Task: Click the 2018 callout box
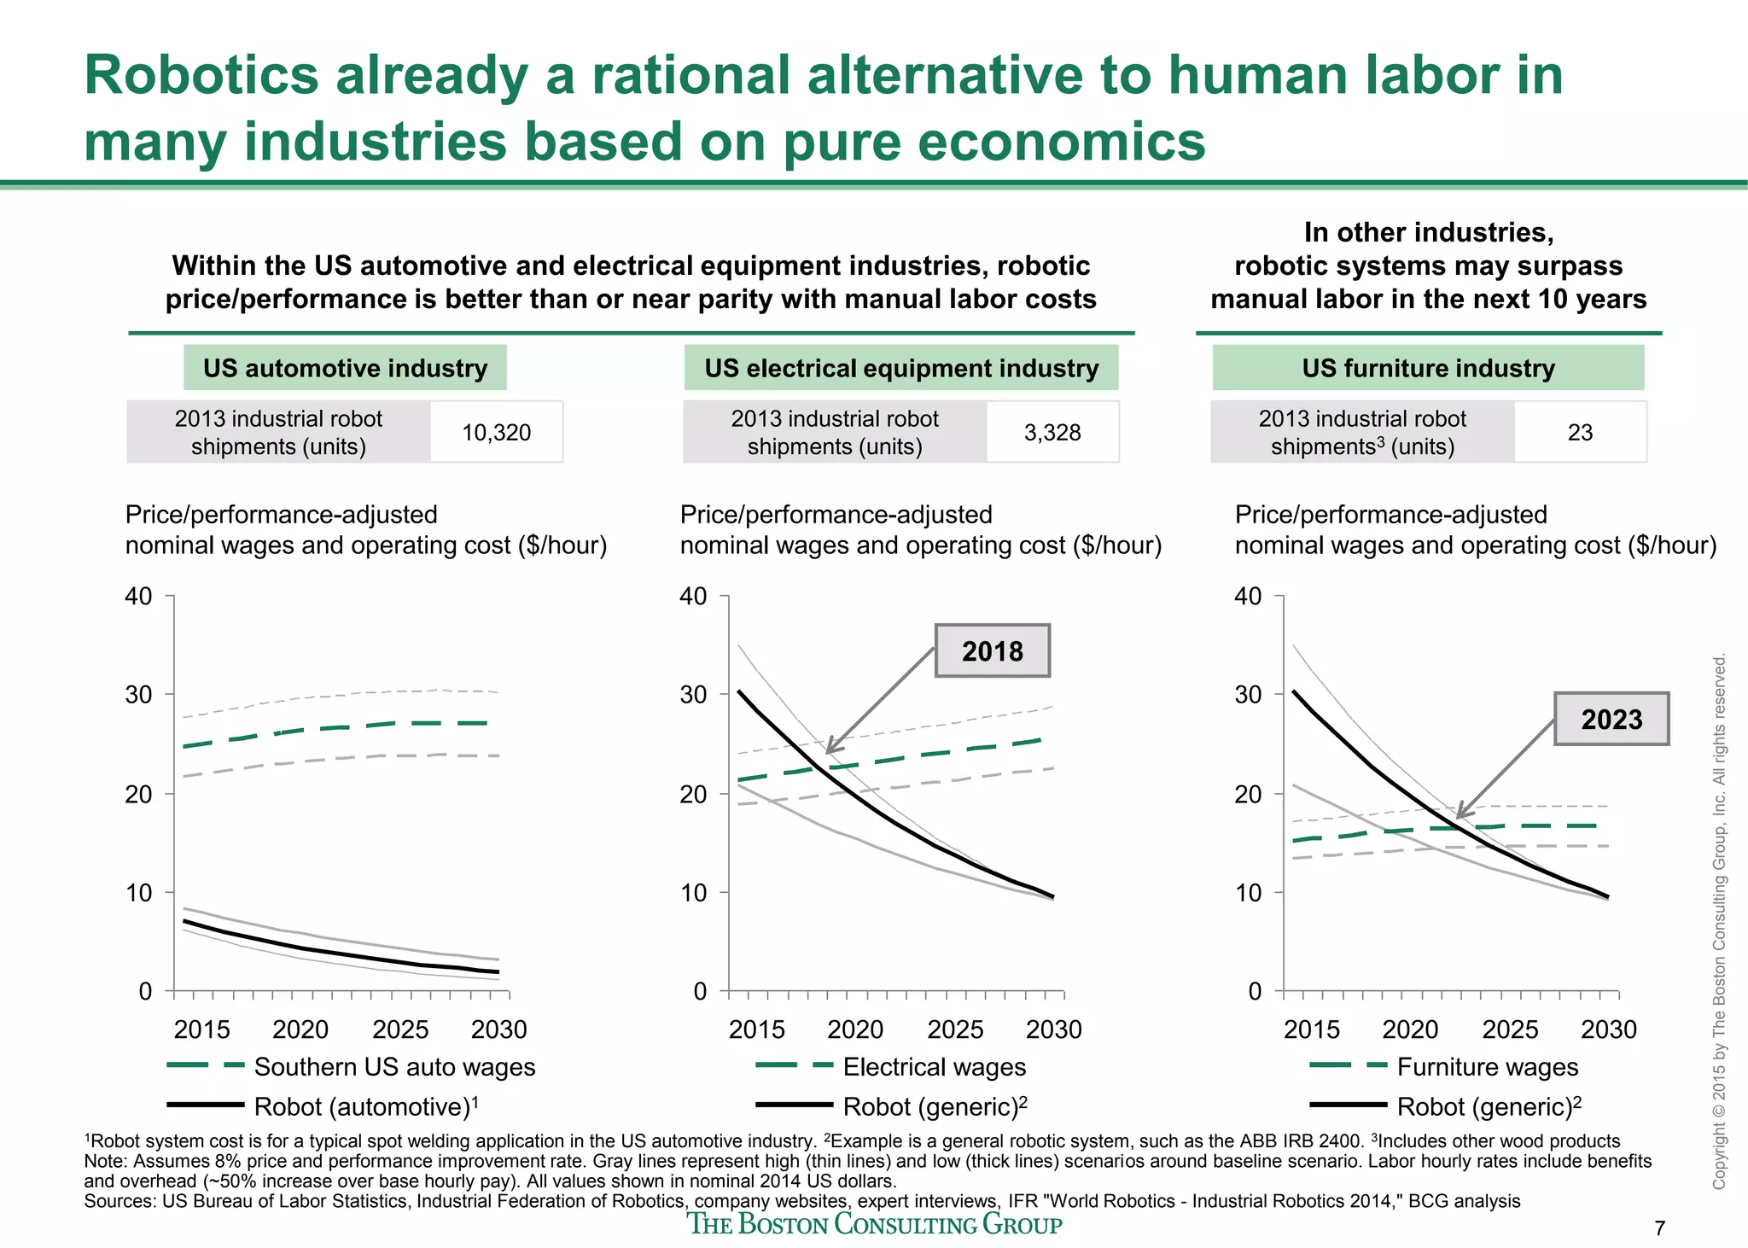click(992, 651)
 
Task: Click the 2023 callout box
click(1611, 719)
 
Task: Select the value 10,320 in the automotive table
click(496, 433)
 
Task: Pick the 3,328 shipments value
click(1052, 433)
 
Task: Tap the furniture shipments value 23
click(1580, 433)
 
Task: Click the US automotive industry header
click(345, 368)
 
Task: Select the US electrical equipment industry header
click(900, 368)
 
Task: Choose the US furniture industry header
click(1428, 368)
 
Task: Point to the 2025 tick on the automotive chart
click(400, 1029)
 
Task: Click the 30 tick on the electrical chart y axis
click(694, 695)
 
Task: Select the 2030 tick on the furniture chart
click(1608, 1029)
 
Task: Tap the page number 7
click(1659, 1228)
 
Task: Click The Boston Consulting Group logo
click(875, 1224)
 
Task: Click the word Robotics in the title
click(201, 75)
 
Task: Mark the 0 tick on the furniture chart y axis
click(1254, 992)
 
